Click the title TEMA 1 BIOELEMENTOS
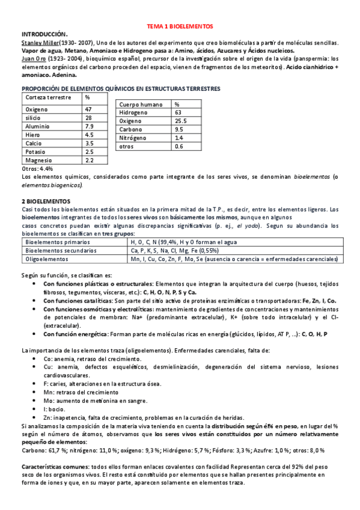click(x=180, y=28)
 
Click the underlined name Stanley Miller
click(x=40, y=43)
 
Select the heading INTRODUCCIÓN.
click(x=45, y=35)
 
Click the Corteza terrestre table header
click(x=46, y=97)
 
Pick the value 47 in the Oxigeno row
click(x=88, y=109)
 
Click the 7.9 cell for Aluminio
click(x=89, y=126)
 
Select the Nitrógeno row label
click(x=135, y=138)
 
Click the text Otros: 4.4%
click(x=37, y=169)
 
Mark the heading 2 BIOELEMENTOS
click(x=46, y=200)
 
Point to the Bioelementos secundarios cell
click(x=60, y=250)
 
